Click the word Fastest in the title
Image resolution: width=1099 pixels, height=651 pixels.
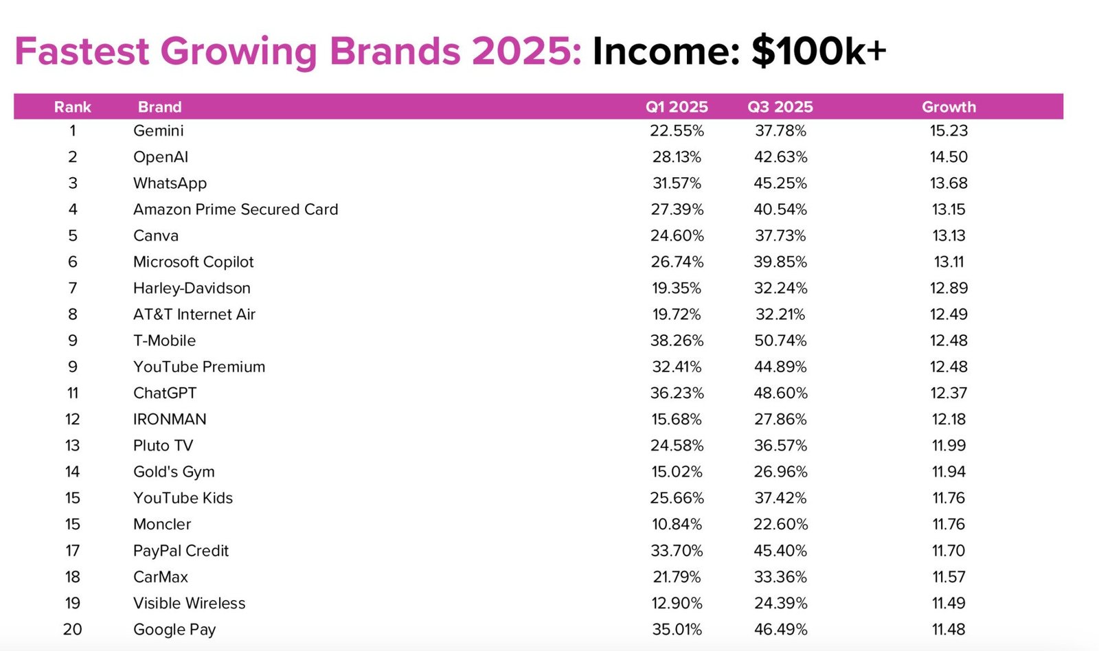pos(82,51)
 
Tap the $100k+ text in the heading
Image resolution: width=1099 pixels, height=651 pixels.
pos(819,51)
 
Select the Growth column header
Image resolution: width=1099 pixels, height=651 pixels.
pos(949,107)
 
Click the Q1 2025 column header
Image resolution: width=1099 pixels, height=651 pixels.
pos(677,107)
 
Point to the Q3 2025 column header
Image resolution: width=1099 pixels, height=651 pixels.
pos(780,107)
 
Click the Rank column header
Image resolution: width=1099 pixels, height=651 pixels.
pos(73,107)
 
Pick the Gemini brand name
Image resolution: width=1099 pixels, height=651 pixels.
pos(158,130)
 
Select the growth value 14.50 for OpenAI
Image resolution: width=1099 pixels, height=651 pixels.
pos(949,157)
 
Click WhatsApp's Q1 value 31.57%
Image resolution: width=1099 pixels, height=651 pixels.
pos(677,183)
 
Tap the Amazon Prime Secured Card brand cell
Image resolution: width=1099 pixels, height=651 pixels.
pos(236,209)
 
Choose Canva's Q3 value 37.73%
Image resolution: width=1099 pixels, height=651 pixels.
pos(780,236)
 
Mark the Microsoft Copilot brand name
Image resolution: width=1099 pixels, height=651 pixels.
pos(193,262)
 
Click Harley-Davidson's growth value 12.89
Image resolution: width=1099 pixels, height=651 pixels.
pos(949,288)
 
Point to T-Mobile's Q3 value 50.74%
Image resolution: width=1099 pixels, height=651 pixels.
pos(780,341)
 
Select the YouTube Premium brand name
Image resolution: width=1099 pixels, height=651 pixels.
pos(199,367)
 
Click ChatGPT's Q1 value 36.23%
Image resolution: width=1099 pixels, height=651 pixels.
pos(677,393)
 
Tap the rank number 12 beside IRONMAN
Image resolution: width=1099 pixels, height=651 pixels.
pos(72,420)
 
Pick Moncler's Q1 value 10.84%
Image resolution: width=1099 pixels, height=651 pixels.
pos(677,525)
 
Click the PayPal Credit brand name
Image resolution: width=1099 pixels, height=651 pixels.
pos(181,551)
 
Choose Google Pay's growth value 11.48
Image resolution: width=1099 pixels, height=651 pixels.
pos(949,629)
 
